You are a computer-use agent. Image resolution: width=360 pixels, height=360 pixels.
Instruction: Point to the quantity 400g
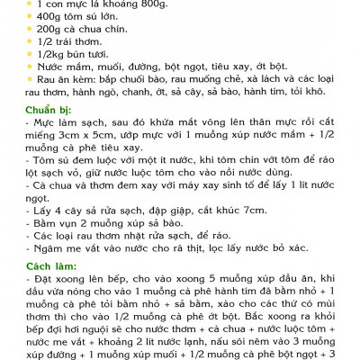pos(50,18)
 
